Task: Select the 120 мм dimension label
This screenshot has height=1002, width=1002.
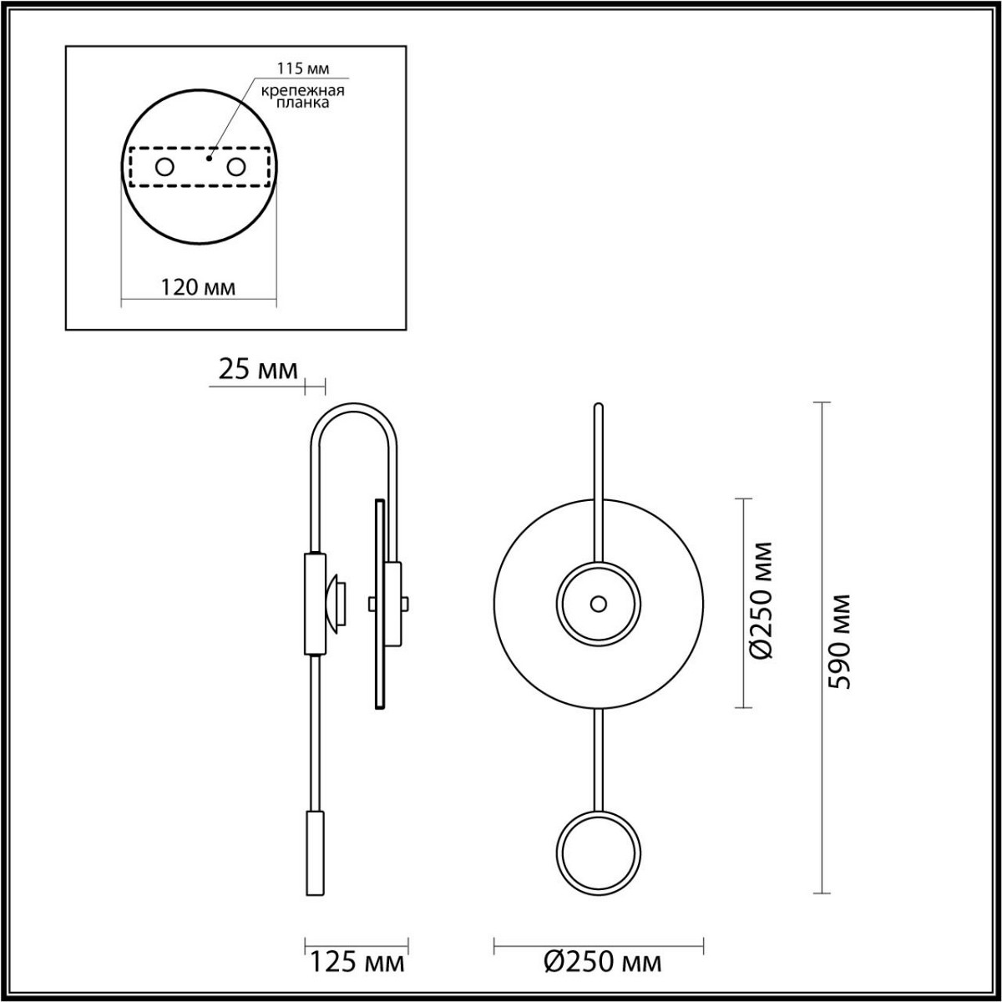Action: point(198,288)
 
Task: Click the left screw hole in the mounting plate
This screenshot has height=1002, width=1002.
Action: point(164,167)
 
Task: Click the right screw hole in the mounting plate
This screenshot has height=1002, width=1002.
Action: point(236,167)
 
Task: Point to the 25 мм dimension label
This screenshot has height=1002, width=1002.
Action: point(257,370)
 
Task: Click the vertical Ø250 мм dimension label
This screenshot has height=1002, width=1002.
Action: point(762,601)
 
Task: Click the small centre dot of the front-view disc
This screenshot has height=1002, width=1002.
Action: point(598,603)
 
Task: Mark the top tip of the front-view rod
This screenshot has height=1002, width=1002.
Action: point(597,407)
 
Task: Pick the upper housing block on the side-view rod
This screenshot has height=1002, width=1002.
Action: point(315,603)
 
